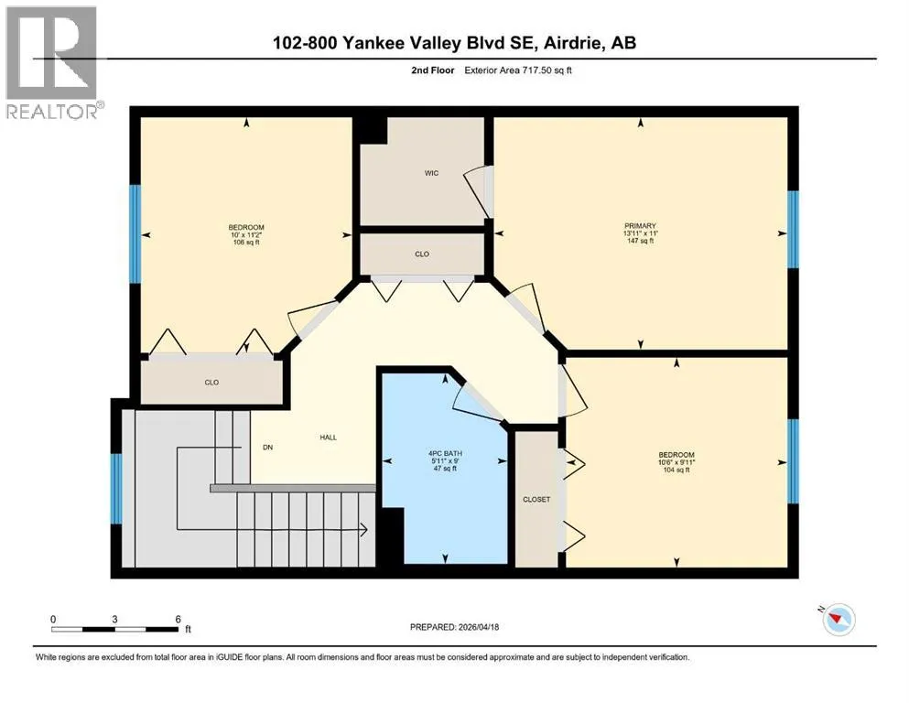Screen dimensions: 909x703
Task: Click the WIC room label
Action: tap(431, 173)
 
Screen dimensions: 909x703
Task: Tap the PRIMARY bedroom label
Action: tap(640, 225)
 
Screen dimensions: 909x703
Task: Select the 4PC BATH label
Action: tap(445, 453)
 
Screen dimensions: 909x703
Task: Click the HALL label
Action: tap(328, 438)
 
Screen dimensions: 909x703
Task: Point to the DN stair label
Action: tap(268, 448)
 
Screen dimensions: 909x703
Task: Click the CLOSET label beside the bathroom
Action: tap(536, 500)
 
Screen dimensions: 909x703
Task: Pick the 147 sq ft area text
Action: tap(640, 241)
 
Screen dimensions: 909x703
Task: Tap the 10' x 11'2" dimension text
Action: tap(246, 234)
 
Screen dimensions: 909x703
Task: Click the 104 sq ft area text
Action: tap(676, 470)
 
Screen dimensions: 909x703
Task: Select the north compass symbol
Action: tap(838, 619)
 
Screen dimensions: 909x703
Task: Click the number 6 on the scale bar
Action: tap(178, 619)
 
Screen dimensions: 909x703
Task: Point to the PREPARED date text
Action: tap(454, 627)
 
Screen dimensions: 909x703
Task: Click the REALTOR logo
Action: tap(53, 62)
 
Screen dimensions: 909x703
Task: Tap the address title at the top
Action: tap(454, 43)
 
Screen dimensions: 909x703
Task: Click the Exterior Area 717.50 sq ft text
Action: tap(518, 70)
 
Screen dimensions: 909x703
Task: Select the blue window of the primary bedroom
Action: tap(793, 230)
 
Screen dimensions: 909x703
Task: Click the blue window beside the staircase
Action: tap(116, 489)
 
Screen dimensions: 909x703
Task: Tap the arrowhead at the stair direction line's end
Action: tap(364, 530)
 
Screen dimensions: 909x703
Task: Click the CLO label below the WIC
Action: tap(422, 254)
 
